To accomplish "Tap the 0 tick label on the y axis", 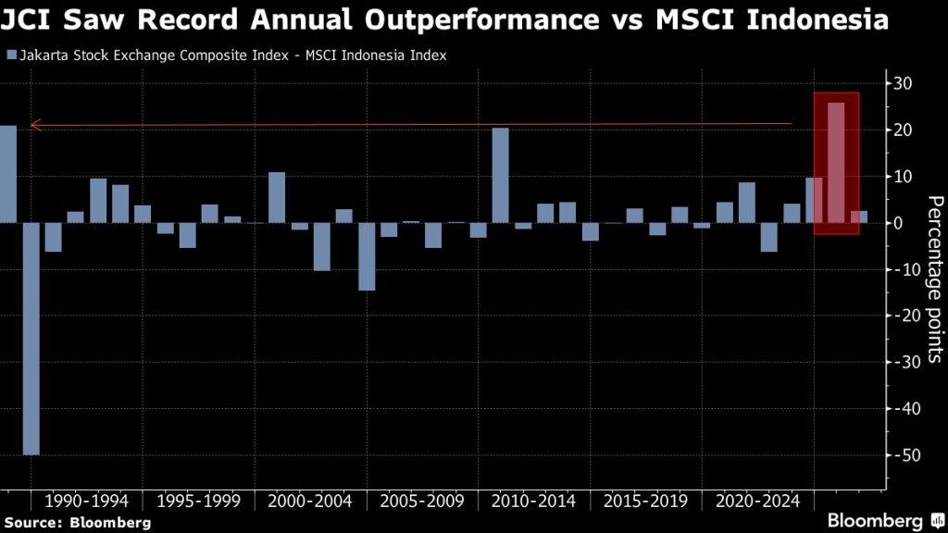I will (x=898, y=223).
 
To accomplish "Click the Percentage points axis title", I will (x=935, y=278).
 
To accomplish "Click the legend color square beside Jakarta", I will (x=11, y=56).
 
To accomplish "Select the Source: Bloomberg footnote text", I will (x=76, y=523).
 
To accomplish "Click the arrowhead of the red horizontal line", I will (x=34, y=125).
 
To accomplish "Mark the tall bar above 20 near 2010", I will (x=500, y=176).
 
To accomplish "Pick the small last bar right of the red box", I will (x=859, y=217).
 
